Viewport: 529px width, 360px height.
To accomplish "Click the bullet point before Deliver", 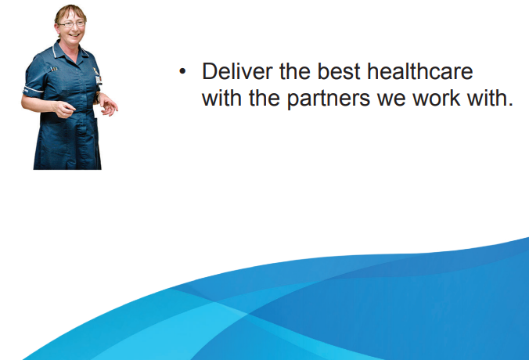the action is (x=182, y=71).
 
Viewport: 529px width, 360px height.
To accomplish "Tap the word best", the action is (x=339, y=71).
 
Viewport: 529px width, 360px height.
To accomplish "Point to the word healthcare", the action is (x=420, y=71).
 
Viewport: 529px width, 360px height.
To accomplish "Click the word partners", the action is (x=329, y=99).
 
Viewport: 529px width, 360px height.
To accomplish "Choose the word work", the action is (x=436, y=98).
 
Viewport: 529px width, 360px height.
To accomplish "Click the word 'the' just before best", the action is (x=295, y=71).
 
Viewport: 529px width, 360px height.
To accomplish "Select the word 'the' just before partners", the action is (x=264, y=98).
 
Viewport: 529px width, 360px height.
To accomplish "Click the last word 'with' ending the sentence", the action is (x=486, y=98).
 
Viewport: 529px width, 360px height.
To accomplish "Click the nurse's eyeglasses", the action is (x=71, y=24).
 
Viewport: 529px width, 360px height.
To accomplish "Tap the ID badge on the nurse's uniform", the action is (x=99, y=80).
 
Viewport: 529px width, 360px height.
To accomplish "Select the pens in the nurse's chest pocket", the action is (x=54, y=69).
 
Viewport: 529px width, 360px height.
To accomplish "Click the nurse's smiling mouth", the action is (x=74, y=34).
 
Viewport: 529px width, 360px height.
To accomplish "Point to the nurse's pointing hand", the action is (x=64, y=110).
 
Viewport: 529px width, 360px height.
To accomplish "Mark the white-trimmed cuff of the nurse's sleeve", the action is (x=33, y=90).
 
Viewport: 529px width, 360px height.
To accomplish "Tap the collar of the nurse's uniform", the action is (x=69, y=52).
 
